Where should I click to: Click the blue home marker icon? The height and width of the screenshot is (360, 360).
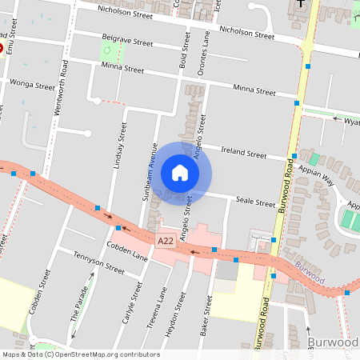180,173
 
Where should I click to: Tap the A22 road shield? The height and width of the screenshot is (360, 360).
166,241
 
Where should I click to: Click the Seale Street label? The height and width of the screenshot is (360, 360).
254,203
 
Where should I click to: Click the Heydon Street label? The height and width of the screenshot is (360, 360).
180,316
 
